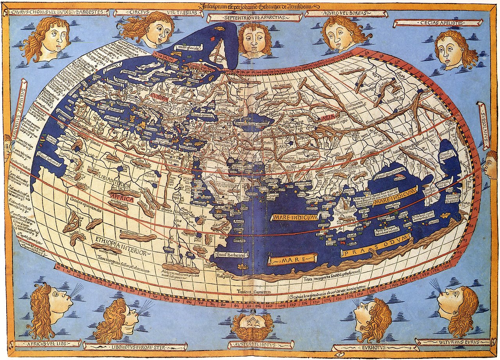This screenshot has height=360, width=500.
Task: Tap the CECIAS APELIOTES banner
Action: point(437,23)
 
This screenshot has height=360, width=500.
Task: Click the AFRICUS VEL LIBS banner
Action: point(47,344)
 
